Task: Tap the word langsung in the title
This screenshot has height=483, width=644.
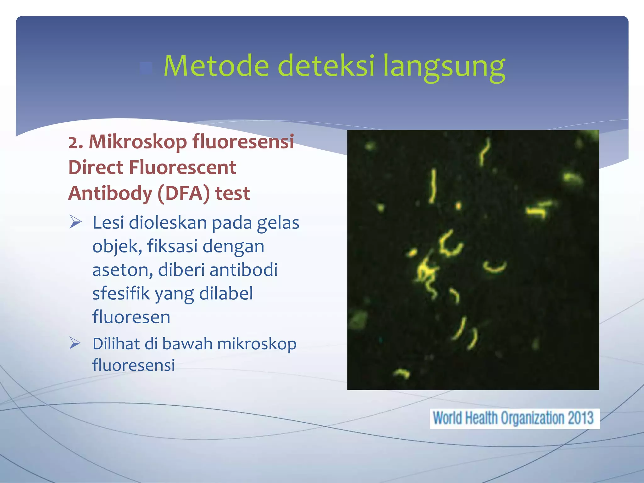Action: coord(444,67)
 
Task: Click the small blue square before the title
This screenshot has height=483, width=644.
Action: coord(146,68)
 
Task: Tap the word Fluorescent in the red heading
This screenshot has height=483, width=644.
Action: coord(182,167)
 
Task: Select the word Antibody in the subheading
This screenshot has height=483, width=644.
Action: coord(110,193)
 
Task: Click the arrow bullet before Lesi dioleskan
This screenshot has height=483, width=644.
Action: coord(75,222)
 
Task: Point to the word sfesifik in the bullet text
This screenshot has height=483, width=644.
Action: coord(121,293)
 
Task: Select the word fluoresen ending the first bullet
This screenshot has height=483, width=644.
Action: coord(131,317)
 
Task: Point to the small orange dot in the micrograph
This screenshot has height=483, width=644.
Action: coord(458,206)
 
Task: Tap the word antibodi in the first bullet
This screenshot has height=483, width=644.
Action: coord(243,270)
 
